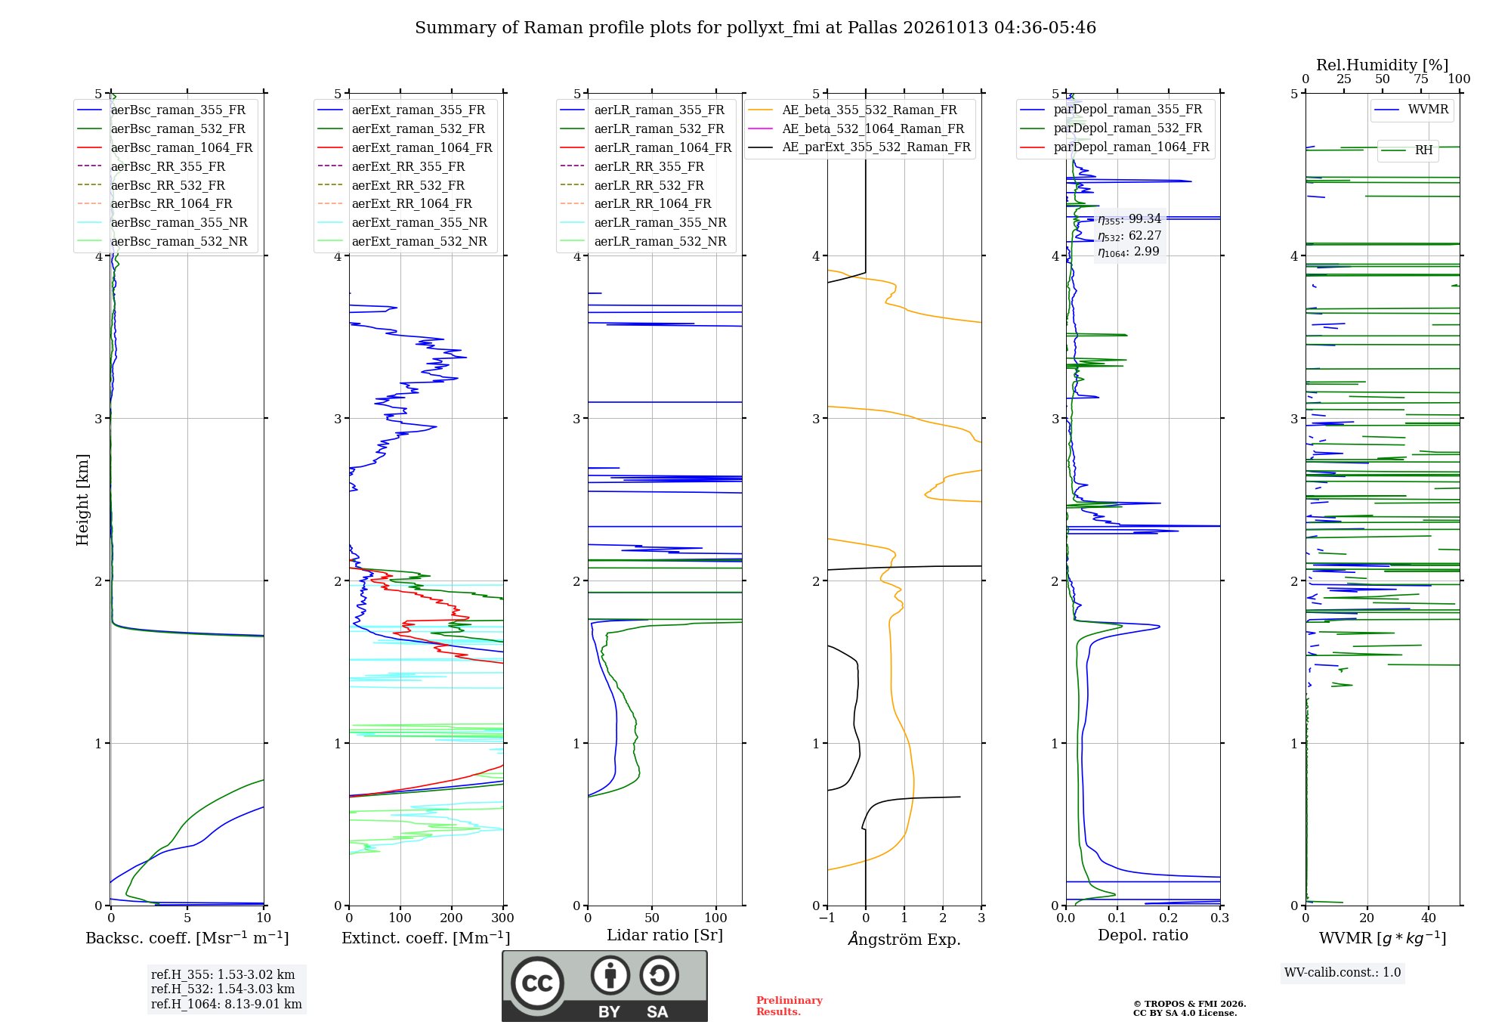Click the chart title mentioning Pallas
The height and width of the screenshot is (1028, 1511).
pos(755,28)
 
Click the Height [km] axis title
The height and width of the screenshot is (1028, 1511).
pos(82,500)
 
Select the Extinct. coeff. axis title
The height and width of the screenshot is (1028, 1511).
pos(426,938)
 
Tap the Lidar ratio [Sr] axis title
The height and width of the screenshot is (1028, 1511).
pos(665,936)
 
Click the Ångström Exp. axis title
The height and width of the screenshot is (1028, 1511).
pos(904,939)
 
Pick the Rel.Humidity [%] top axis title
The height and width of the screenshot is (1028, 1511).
pos(1383,65)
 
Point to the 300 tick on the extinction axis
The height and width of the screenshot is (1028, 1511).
pos(503,918)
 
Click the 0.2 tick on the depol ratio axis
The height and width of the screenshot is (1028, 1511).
pos(1169,918)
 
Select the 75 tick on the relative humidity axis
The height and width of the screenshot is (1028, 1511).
pos(1421,79)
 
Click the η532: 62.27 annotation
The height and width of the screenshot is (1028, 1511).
pos(1129,236)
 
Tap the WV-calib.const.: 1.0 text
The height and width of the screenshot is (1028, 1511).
pos(1343,973)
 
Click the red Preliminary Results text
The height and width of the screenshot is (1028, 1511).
pos(789,1006)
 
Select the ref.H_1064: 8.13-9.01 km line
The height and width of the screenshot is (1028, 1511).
pos(227,1005)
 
